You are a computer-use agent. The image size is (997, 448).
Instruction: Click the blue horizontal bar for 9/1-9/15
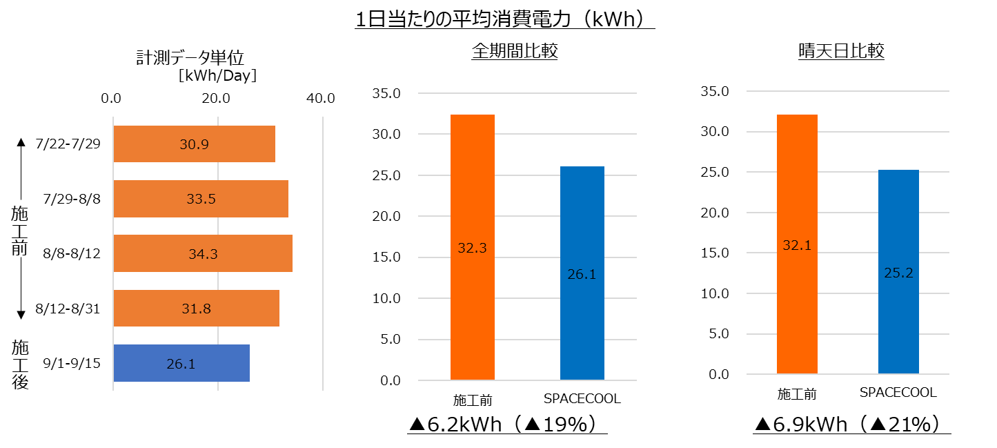tap(181, 363)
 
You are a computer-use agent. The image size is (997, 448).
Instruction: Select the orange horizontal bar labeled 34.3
tap(203, 254)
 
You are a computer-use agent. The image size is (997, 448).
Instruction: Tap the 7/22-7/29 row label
tap(68, 144)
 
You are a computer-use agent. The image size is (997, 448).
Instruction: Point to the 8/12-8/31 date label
tap(68, 309)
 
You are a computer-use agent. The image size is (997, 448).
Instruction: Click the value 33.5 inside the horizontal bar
tap(201, 199)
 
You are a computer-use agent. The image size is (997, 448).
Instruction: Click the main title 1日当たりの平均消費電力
tap(504, 19)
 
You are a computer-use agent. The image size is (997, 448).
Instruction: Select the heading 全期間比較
tap(515, 52)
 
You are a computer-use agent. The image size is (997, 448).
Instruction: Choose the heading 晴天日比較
tap(840, 52)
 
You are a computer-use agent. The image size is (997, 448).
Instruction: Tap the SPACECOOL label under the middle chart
tap(582, 399)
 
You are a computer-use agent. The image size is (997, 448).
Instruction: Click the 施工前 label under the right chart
tap(797, 394)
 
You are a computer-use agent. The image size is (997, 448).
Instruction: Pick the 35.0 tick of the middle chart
tap(387, 93)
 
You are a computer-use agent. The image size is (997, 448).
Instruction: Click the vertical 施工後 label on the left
tap(21, 364)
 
